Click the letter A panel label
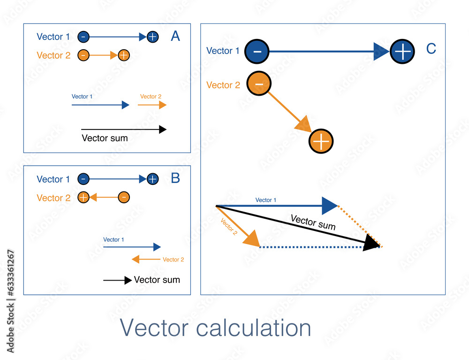click(x=175, y=36)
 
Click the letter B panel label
click(x=175, y=178)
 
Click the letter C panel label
click(x=431, y=49)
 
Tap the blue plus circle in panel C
click(x=402, y=51)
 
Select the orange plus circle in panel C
click(x=321, y=141)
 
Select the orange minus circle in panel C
click(x=258, y=84)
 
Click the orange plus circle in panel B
click(x=83, y=197)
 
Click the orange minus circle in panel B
click(x=123, y=197)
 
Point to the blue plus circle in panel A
click(x=152, y=37)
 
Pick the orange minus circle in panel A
click(x=83, y=55)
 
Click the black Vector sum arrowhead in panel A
click(x=163, y=130)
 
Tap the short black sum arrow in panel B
click(x=117, y=280)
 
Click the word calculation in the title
click(x=253, y=328)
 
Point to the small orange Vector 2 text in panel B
click(x=173, y=260)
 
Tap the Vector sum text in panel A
click(x=105, y=138)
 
